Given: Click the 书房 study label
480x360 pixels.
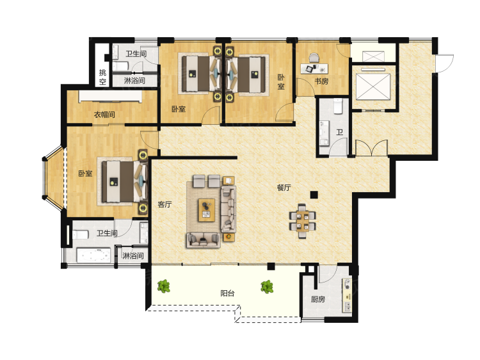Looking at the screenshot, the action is coord(321,81).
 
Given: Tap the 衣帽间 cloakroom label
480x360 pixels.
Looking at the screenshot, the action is coord(104,115).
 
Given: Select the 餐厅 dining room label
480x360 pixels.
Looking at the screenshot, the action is coord(284,188).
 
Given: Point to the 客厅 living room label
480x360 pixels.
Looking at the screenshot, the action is coord(164,204).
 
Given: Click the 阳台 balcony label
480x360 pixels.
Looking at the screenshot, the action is coord(227,293).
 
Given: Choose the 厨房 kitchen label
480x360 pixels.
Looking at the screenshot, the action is coord(317,299).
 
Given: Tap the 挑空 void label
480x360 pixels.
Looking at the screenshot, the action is coord(102,77).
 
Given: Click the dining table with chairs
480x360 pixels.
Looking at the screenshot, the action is coord(303,221).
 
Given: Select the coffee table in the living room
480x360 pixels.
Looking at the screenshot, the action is coord(207,210).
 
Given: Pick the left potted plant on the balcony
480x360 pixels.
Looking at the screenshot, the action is coord(164,286).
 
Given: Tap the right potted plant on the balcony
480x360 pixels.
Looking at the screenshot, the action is coord(268,287).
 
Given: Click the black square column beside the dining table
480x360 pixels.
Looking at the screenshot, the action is coord(314,195).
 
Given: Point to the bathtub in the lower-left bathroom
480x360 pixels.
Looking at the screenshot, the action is coord(93,255).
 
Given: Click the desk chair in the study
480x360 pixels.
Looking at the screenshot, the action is coord(314,58).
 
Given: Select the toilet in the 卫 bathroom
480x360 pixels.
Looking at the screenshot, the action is coord(338,106).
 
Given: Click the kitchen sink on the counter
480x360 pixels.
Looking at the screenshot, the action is coord(348,306).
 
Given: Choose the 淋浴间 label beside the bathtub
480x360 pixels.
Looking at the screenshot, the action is coord(133,256).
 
